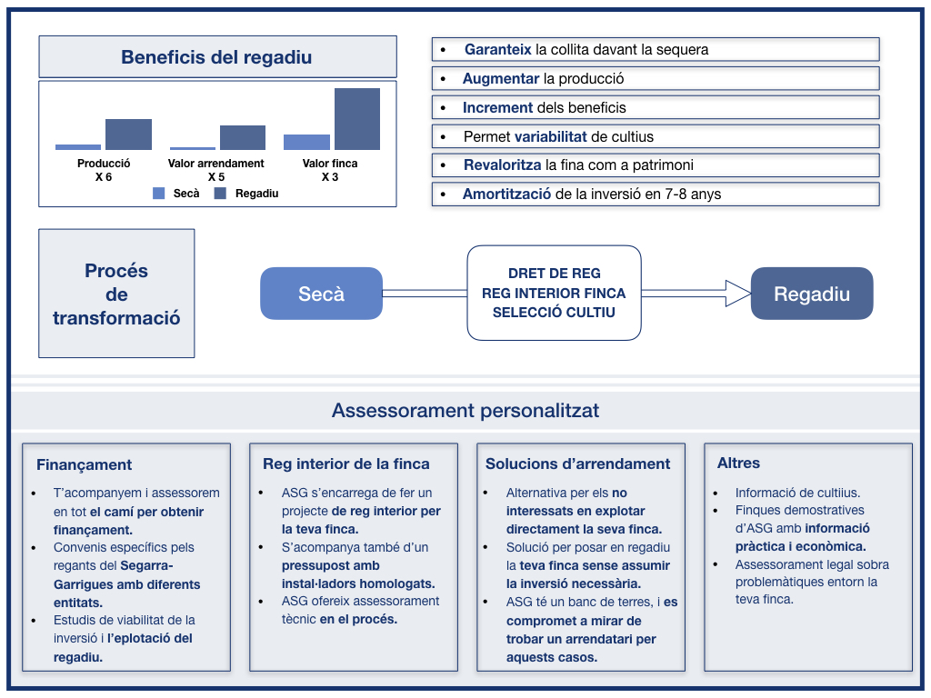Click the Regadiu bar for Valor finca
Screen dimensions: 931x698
click(356, 119)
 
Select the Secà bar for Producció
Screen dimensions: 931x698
click(78, 147)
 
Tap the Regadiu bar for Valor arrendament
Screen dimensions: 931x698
click(243, 138)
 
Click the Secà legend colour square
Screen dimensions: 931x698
click(158, 193)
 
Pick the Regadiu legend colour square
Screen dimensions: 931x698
click(220, 193)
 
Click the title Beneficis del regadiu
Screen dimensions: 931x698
click(216, 57)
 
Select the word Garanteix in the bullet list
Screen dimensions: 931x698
click(497, 49)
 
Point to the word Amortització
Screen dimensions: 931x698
click(506, 194)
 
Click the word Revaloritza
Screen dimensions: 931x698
click(502, 165)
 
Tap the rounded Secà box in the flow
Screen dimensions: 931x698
click(321, 294)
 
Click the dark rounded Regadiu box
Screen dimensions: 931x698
click(812, 294)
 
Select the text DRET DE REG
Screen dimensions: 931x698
click(554, 274)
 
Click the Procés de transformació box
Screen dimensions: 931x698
click(116, 294)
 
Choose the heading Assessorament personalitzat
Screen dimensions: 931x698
click(465, 410)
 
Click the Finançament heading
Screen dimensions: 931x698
click(84, 464)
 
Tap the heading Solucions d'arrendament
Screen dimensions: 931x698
click(577, 464)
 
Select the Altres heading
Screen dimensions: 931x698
click(738, 463)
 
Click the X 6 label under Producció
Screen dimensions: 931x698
click(104, 177)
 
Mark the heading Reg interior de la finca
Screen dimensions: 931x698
click(346, 464)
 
